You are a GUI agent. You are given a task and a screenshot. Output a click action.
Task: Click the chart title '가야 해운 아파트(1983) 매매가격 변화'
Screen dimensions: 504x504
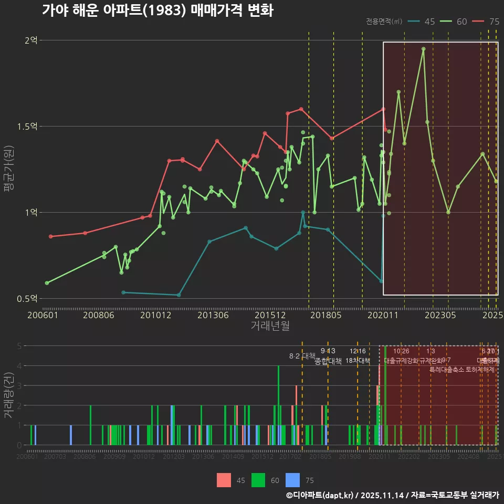pyautogui.click(x=157, y=11)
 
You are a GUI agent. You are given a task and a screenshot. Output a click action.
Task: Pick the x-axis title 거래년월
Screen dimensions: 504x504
pyautogui.click(x=270, y=326)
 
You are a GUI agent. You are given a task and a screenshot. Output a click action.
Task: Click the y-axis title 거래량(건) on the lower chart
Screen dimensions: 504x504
pyautogui.click(x=9, y=395)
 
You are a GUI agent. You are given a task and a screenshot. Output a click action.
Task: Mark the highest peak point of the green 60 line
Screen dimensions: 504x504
pyautogui.click(x=423, y=49)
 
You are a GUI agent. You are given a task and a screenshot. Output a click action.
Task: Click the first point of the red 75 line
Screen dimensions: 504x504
pyautogui.click(x=50, y=237)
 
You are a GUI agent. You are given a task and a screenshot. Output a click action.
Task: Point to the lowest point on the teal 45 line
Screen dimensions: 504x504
pyautogui.click(x=179, y=295)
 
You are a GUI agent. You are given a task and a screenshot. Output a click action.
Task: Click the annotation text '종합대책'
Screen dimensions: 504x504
pyautogui.click(x=328, y=361)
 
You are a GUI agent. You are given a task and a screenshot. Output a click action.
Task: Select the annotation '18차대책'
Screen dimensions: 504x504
pyautogui.click(x=358, y=361)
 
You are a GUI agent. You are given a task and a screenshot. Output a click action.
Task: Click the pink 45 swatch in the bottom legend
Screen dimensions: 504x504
pyautogui.click(x=224, y=480)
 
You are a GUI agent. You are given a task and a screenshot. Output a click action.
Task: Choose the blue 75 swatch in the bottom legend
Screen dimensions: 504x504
pyautogui.click(x=292, y=480)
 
